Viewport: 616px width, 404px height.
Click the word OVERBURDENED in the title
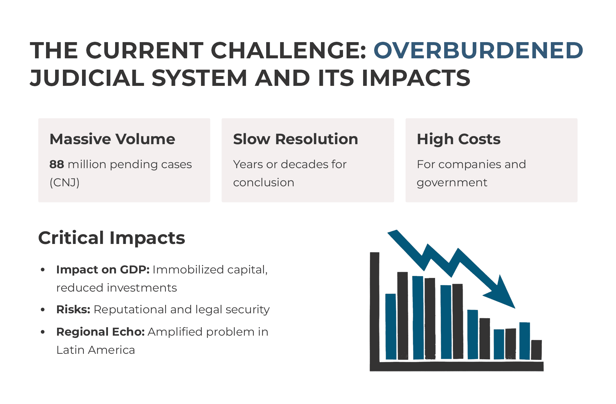478,51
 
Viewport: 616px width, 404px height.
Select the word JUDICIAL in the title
87,78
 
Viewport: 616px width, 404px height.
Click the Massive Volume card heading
112,139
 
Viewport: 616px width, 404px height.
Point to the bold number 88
57,165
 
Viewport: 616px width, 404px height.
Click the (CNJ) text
65,183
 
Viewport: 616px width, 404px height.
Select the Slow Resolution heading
295,139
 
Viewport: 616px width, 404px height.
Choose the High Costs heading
458,139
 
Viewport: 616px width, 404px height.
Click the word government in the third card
452,183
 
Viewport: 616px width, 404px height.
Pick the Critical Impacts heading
112,238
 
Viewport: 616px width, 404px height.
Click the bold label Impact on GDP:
103,270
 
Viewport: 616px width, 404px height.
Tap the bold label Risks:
73,309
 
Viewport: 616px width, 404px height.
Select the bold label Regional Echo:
101,332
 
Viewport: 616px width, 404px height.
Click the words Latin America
95,350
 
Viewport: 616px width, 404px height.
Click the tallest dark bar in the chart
403,316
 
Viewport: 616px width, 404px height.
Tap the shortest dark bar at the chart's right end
537,350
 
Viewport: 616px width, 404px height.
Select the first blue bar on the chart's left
391,327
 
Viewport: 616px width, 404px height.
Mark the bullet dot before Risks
43,310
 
